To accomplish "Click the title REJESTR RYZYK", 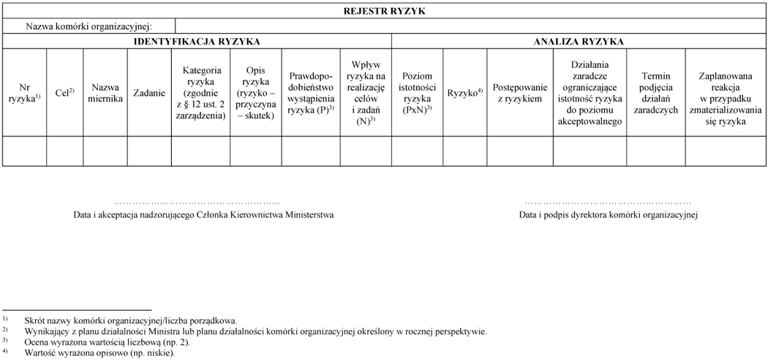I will pos(384,11).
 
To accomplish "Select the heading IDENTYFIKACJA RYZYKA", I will pos(197,42).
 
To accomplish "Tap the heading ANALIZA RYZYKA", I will pos(579,42).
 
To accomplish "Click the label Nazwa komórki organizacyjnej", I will pos(89,26).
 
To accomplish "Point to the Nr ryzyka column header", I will pos(24,93).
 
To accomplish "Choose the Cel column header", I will pos(65,93).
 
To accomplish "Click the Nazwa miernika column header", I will pos(105,93).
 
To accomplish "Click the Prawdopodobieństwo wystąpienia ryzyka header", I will pos(311,93).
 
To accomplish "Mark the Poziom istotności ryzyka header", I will pos(418,93).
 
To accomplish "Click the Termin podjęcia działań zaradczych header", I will pos(655,93).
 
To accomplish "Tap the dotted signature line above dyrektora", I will pos(608,201).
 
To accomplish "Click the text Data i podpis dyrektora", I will pos(608,215).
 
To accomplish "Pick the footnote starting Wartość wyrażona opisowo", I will pos(99,353).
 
